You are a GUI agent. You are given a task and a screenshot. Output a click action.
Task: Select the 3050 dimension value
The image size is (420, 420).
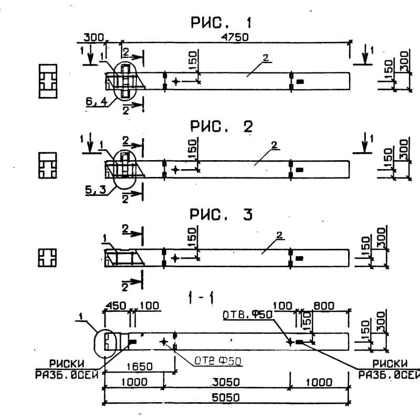click(x=226, y=382)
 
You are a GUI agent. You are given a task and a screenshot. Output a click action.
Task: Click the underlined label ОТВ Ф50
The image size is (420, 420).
click(x=213, y=361)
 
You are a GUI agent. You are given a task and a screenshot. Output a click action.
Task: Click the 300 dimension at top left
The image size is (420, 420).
click(x=93, y=37)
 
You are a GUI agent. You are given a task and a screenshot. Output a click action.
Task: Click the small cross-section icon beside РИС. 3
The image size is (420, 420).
click(x=47, y=257)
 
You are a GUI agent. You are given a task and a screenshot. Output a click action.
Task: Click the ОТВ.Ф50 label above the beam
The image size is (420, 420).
click(x=247, y=314)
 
